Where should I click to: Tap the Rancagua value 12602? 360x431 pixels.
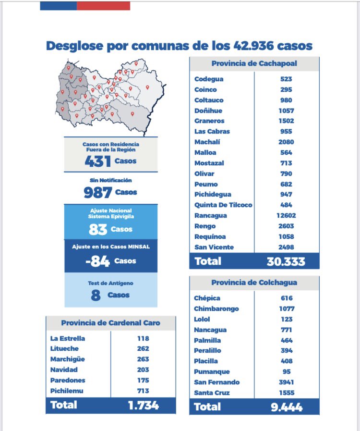click(287, 216)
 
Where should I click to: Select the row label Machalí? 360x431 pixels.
click(204, 142)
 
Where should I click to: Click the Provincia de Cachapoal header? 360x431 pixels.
click(254, 64)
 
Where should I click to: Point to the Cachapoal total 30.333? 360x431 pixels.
click(286, 261)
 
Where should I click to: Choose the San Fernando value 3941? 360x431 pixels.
click(287, 382)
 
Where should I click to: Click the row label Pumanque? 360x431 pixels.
click(212, 371)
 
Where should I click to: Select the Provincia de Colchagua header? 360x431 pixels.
click(254, 283)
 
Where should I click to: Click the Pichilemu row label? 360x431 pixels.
click(67, 391)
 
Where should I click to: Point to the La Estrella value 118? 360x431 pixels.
click(143, 338)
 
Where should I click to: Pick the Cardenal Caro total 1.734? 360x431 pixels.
click(143, 405)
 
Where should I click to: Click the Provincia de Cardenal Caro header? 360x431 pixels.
click(110, 323)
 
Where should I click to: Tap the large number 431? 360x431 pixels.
click(97, 161)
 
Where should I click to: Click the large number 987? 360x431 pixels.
click(97, 193)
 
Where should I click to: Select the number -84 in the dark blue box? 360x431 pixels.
click(97, 261)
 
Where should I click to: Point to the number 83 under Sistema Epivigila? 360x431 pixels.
click(97, 229)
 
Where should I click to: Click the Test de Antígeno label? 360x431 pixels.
click(111, 283)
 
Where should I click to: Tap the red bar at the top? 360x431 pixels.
click(103, 5)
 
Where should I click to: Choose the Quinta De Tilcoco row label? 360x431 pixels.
click(223, 205)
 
